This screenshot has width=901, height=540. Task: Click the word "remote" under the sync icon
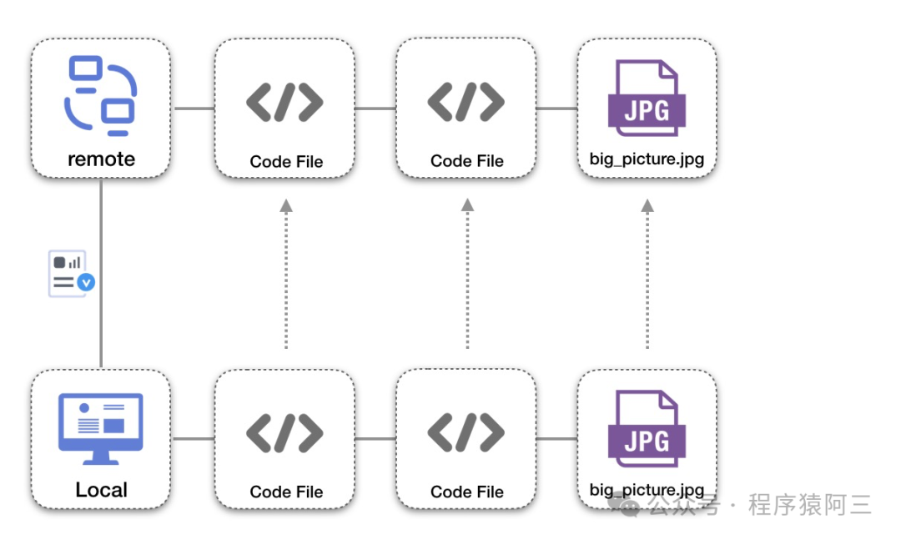coord(101,159)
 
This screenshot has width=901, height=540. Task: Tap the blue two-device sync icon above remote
coord(101,96)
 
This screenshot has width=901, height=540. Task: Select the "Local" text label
coord(101,490)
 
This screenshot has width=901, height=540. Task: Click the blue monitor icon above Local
coord(101,428)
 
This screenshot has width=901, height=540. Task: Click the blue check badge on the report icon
coord(86,283)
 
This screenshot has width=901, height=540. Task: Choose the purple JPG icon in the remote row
coord(647,98)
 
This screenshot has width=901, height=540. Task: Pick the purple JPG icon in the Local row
coord(647,429)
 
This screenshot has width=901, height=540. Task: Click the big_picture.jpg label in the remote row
coord(647,159)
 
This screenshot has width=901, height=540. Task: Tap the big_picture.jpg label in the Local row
coord(647,489)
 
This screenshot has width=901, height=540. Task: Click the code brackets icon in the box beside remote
coord(284,102)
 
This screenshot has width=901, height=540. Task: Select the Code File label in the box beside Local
coord(286,492)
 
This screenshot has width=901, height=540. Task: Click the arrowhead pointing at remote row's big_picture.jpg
coord(647,204)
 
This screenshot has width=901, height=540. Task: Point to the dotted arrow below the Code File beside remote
coord(285,275)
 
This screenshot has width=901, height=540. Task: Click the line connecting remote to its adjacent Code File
coord(194,109)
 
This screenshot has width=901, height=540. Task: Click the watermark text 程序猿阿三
coord(809,505)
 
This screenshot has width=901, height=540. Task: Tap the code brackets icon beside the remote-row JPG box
coord(466,102)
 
